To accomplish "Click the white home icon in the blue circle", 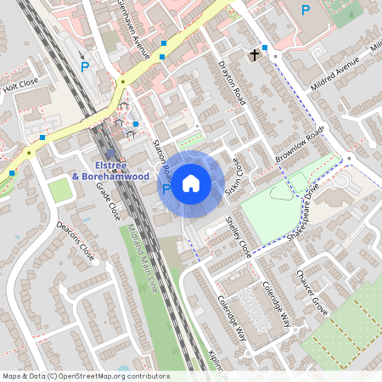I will [x=191, y=182].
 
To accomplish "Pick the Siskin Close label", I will [x=235, y=179].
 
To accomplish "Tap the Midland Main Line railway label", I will [x=143, y=255].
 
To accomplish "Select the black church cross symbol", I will [x=253, y=56].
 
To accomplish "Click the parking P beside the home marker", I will [x=166, y=188].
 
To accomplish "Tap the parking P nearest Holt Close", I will [x=84, y=66].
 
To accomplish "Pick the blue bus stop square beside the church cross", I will [x=265, y=48].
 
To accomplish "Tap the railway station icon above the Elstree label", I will [x=111, y=153].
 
